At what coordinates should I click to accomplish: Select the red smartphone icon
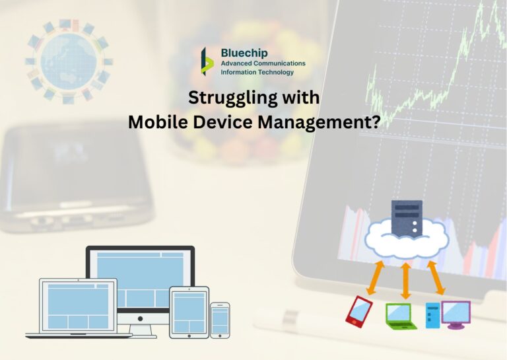point(358,310)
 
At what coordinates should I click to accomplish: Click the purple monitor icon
point(456,312)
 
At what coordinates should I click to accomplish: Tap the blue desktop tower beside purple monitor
point(432,314)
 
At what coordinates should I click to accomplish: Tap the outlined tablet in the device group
point(189,312)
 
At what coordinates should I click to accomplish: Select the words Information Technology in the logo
point(257,72)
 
